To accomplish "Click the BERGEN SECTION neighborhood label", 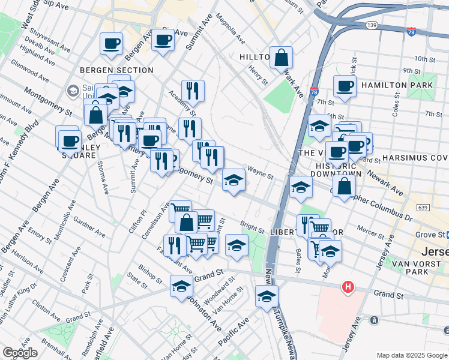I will pos(118,70).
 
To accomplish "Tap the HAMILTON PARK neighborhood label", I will pos(403,86).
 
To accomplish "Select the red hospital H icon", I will pos(347,288).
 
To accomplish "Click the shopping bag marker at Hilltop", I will pos(281,58).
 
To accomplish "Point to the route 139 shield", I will pos(372,25).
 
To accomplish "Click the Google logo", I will pos(20,353).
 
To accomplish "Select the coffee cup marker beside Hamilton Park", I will pos(345,86).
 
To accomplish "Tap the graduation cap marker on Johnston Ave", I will pos(181,287).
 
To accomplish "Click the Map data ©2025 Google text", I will pos(411,355).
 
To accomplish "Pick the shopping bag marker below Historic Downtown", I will pos(345,186).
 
